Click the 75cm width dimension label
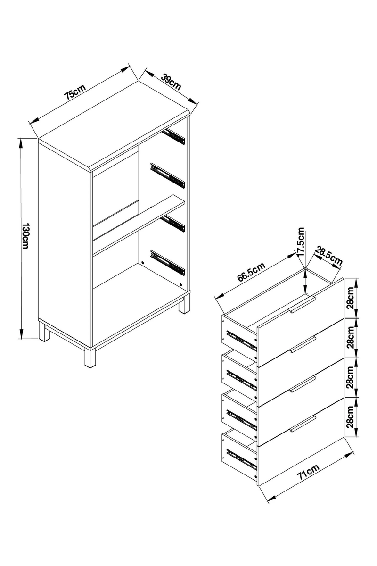point(75,92)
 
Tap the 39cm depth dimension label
point(172,82)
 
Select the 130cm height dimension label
point(26,235)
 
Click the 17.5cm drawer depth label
point(301,242)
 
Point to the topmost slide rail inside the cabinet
point(174,136)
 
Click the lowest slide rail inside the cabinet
point(168,263)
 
